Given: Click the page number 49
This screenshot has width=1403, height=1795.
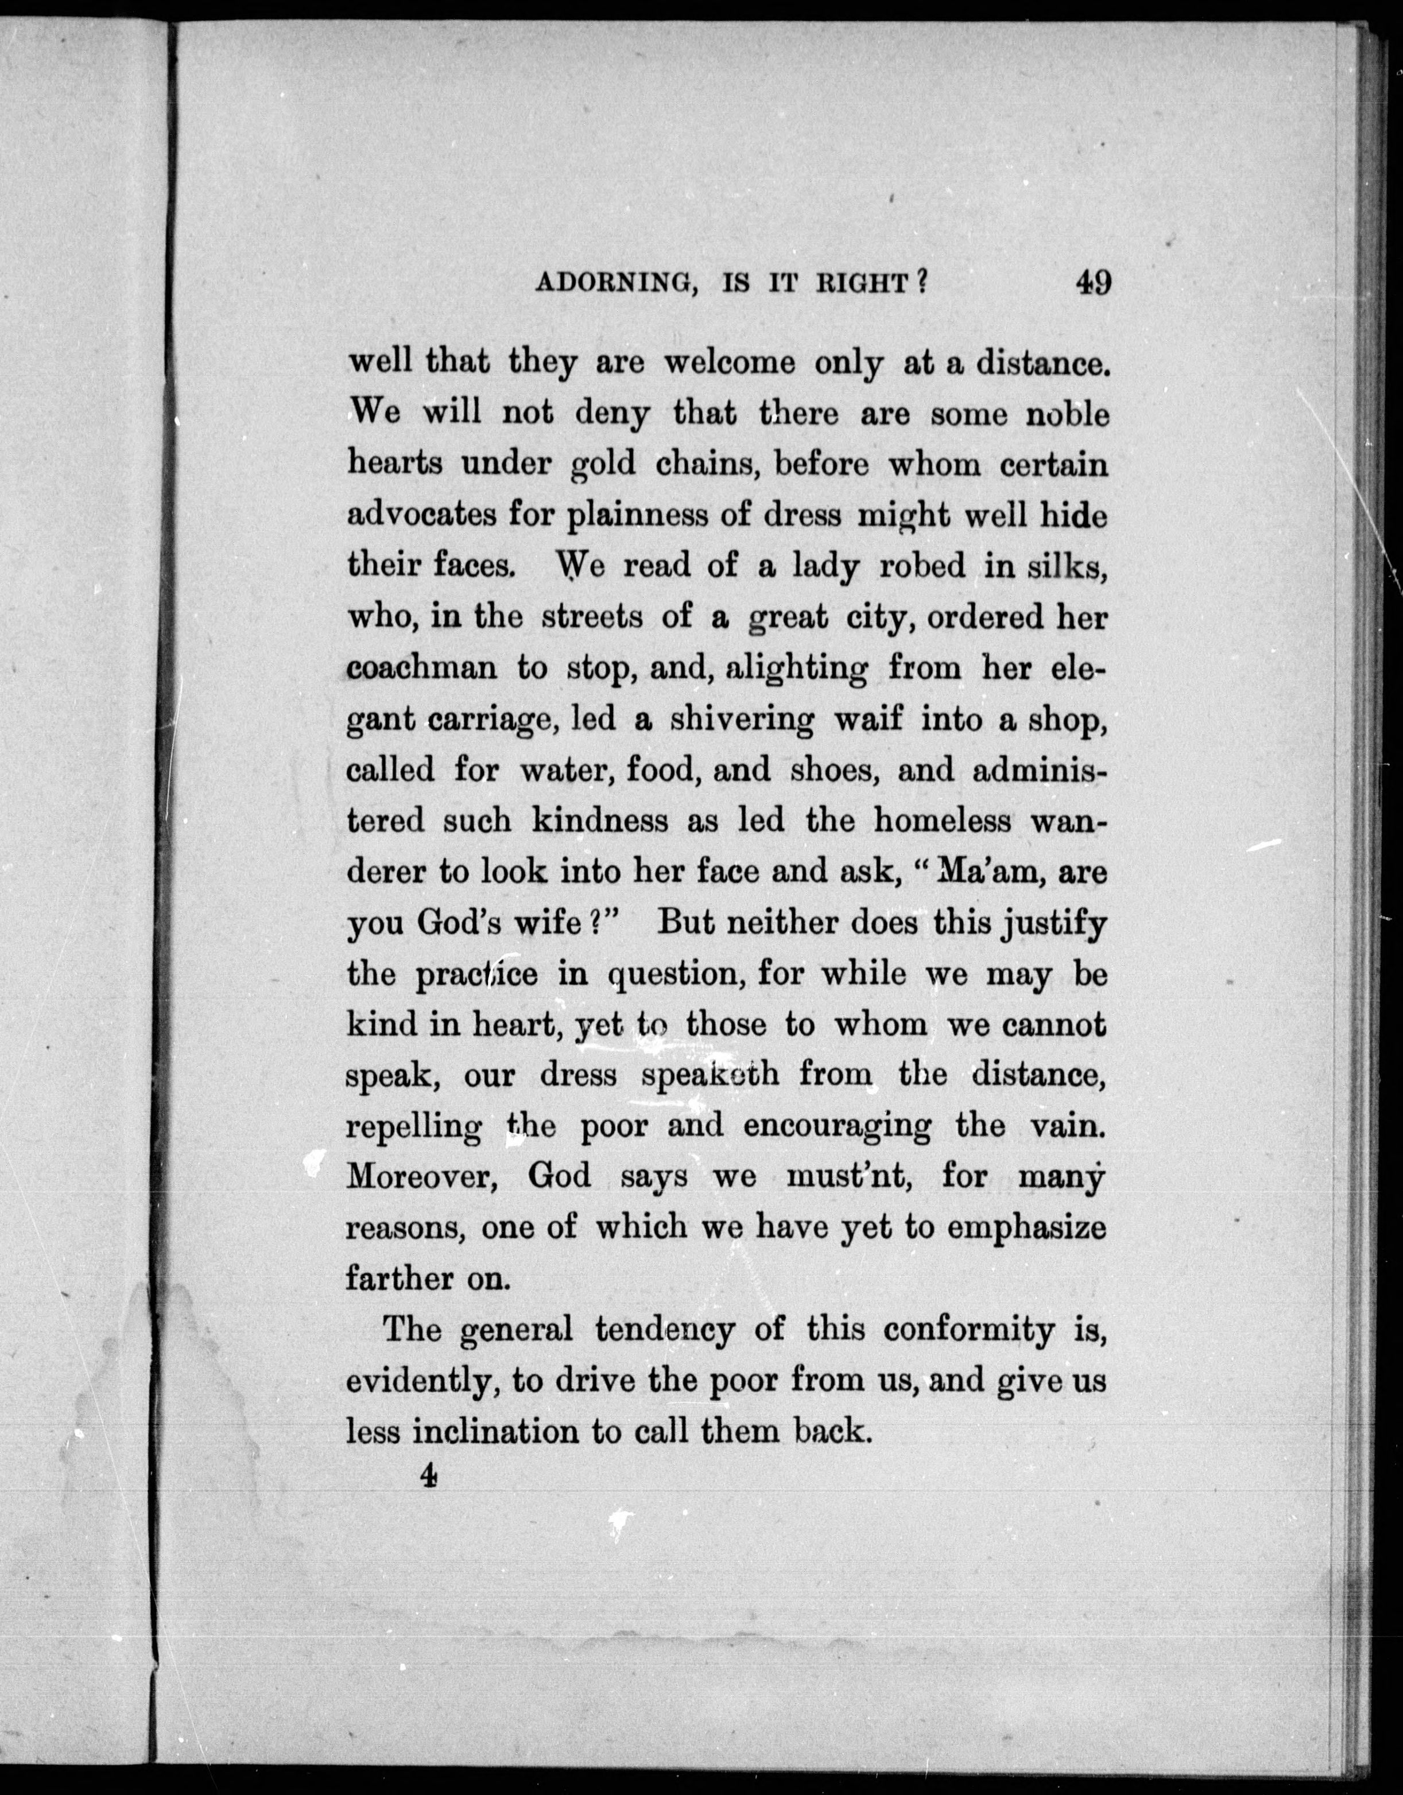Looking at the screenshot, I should click(1092, 283).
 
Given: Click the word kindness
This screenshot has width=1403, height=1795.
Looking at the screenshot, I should click(600, 820).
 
